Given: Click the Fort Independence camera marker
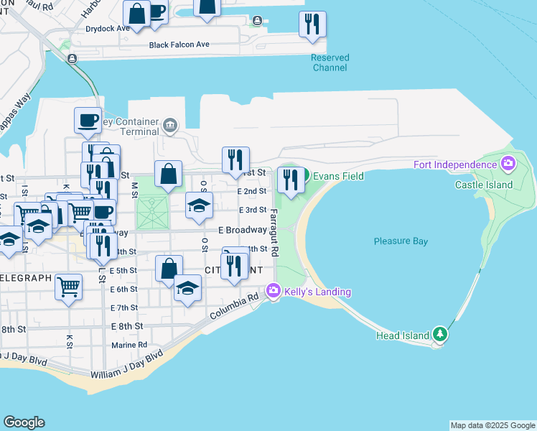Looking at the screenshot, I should click(x=508, y=164).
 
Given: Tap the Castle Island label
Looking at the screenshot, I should click(x=484, y=185).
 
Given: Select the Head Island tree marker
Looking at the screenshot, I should click(x=441, y=335).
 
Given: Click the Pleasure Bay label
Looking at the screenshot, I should click(x=401, y=241).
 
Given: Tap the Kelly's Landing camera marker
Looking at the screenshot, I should click(x=273, y=291).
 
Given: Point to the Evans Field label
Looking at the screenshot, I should click(x=337, y=176).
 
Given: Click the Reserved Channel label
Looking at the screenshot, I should click(x=330, y=62).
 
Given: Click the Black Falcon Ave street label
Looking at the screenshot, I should click(x=179, y=45).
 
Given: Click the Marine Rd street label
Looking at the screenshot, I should click(x=129, y=345).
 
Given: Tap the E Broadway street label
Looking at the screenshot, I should click(x=242, y=231).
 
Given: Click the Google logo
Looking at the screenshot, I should click(x=24, y=422).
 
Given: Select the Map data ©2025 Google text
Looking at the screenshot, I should click(x=492, y=425).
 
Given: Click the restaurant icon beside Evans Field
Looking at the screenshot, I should click(x=290, y=180).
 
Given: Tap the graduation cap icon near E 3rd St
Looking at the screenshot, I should click(x=200, y=205).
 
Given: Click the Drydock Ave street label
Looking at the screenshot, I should click(x=107, y=29).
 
